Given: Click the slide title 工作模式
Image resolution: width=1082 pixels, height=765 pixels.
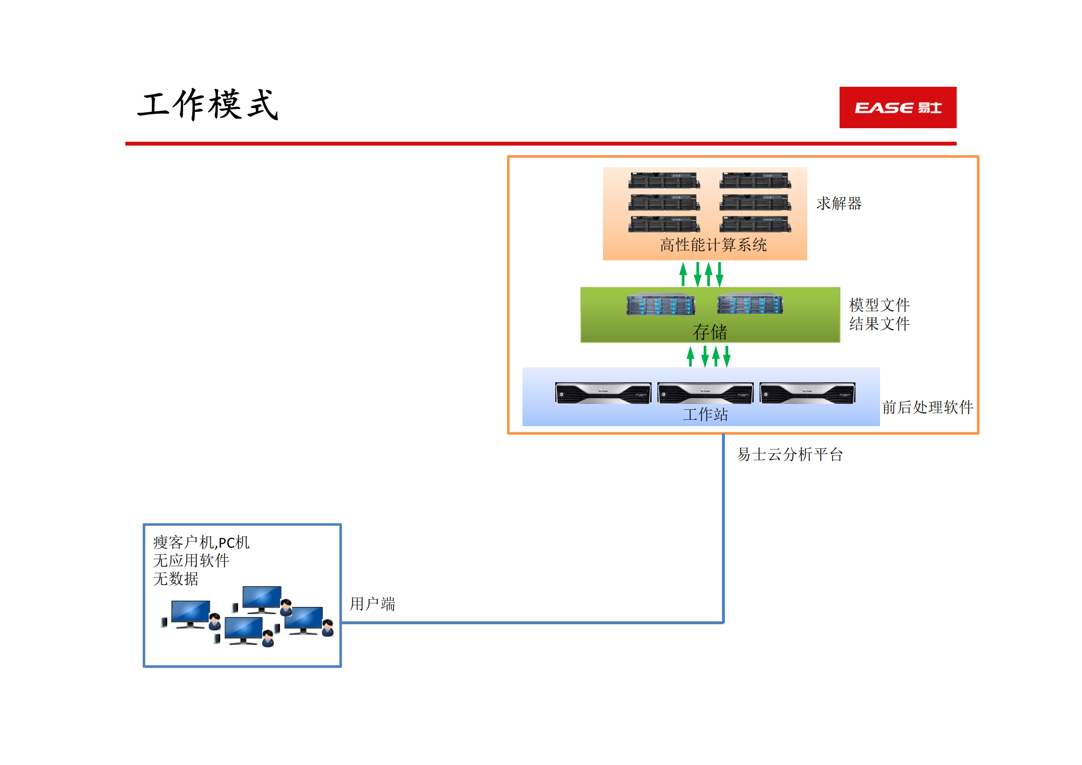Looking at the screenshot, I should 208,105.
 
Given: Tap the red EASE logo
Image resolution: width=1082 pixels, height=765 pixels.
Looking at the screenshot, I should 897,107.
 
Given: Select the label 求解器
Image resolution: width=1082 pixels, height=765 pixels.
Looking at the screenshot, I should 839,203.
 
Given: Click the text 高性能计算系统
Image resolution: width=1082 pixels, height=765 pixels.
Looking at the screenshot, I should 713,245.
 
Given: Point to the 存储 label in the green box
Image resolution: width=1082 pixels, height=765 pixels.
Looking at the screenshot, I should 709,332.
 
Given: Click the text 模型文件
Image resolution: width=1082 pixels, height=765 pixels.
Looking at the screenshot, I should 879,305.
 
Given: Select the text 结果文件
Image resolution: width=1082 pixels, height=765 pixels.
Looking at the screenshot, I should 879,324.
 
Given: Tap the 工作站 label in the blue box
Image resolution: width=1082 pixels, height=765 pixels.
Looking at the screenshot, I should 705,415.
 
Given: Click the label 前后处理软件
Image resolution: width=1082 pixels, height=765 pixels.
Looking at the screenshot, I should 927,407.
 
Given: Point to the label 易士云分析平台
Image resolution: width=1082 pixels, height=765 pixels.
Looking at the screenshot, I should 789,455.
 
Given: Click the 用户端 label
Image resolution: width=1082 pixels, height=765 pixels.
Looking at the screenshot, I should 372,604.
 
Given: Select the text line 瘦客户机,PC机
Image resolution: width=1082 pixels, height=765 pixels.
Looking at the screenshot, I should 201,543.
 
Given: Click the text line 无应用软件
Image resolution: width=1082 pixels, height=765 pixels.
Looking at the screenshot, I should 191,561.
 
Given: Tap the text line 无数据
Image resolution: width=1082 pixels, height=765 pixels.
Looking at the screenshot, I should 175,579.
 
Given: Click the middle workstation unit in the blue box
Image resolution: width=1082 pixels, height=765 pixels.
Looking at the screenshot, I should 705,393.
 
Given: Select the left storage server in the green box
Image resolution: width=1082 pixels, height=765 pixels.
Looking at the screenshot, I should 661,304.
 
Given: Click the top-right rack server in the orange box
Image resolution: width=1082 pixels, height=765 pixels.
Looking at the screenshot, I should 755,180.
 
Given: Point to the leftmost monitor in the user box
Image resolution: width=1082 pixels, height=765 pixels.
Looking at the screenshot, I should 190,613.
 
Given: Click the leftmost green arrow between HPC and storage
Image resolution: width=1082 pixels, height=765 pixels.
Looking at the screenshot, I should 683,274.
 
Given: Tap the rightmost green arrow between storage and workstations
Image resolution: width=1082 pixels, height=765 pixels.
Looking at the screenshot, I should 727,357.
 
